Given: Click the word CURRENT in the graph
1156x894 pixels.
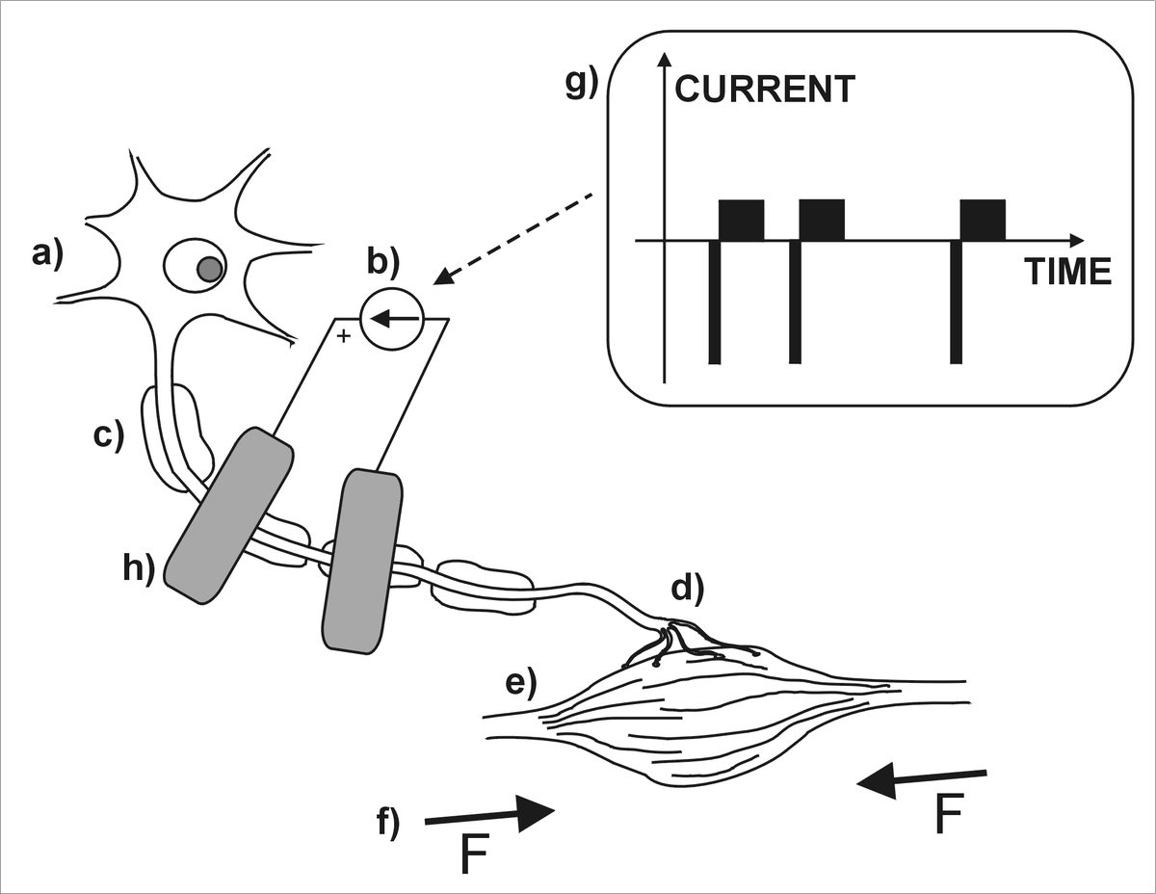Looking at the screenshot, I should click(765, 90).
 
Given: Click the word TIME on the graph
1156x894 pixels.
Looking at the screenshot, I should click(1067, 273).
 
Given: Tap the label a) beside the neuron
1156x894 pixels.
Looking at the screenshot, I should click(45, 254).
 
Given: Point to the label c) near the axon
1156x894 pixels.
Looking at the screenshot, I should click(109, 435).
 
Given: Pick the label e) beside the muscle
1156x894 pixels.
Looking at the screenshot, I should click(521, 683).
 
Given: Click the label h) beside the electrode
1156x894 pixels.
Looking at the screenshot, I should click(138, 569).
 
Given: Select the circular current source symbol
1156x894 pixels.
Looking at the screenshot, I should click(391, 319).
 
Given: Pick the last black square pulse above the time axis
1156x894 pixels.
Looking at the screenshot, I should click(983, 220).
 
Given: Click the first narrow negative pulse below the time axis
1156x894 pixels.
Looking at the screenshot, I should click(714, 302).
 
